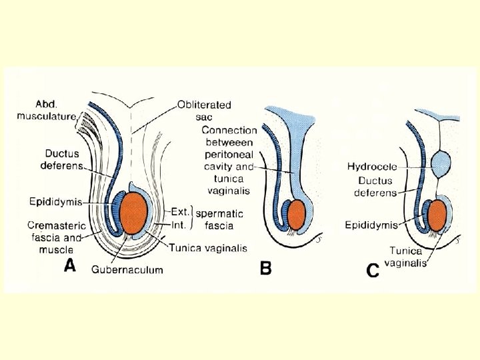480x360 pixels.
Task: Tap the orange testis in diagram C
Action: pos(437,215)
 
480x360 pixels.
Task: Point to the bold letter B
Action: pos(265,269)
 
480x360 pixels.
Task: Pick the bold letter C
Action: pos(373,271)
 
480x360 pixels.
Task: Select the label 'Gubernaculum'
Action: pos(127,269)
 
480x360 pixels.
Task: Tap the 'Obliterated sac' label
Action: pos(204,111)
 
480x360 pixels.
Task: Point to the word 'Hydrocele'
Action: pos(372,166)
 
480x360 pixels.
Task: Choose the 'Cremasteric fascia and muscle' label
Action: pos(57,237)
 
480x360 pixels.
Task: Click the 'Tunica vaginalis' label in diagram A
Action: pos(207,248)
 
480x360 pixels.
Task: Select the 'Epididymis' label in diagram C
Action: pos(371,225)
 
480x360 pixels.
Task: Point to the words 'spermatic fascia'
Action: pos(219,219)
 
